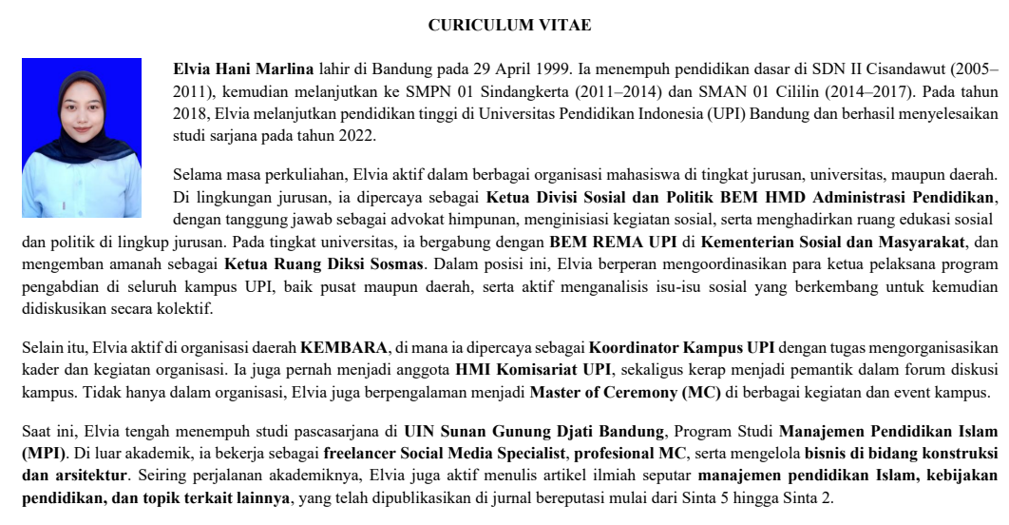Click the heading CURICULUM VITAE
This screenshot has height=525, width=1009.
[x=509, y=26]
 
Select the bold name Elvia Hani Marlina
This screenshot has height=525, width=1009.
[x=243, y=69]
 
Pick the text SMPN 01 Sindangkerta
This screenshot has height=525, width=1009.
[x=467, y=92]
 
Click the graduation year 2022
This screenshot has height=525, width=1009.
[x=357, y=136]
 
